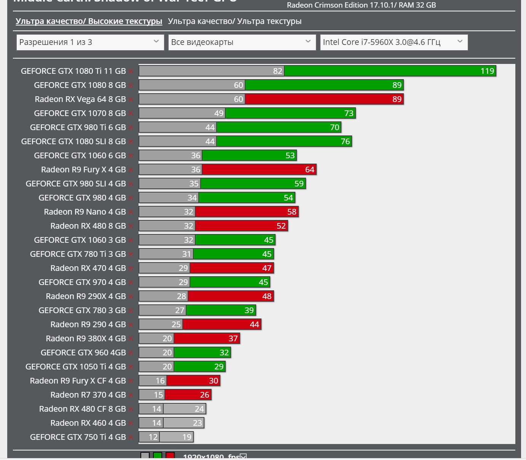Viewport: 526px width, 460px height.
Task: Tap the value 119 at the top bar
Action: pyautogui.click(x=487, y=71)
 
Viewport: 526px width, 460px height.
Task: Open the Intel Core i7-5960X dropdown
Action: pyautogui.click(x=394, y=42)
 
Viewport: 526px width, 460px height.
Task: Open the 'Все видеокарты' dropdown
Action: pyautogui.click(x=242, y=42)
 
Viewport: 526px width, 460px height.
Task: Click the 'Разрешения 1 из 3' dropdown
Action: pyautogui.click(x=90, y=42)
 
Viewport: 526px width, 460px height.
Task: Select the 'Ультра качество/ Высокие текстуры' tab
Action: pyautogui.click(x=89, y=21)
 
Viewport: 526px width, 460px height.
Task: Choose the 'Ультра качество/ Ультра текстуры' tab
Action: pyautogui.click(x=234, y=21)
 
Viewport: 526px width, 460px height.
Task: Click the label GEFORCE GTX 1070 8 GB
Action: pyautogui.click(x=80, y=113)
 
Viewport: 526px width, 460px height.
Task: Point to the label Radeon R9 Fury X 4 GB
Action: pyautogui.click(x=83, y=170)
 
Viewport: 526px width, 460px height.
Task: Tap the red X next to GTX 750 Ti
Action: pyautogui.click(x=131, y=438)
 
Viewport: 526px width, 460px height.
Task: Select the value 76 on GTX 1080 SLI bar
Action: pyautogui.click(x=345, y=142)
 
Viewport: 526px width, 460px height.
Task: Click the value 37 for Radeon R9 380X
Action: pyautogui.click(x=233, y=339)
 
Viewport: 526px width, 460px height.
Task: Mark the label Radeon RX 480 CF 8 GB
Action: pyautogui.click(x=82, y=409)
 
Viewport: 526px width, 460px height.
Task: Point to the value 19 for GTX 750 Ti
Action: pyautogui.click(x=186, y=437)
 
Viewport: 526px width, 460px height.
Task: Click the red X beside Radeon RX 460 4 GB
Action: pyautogui.click(x=131, y=423)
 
